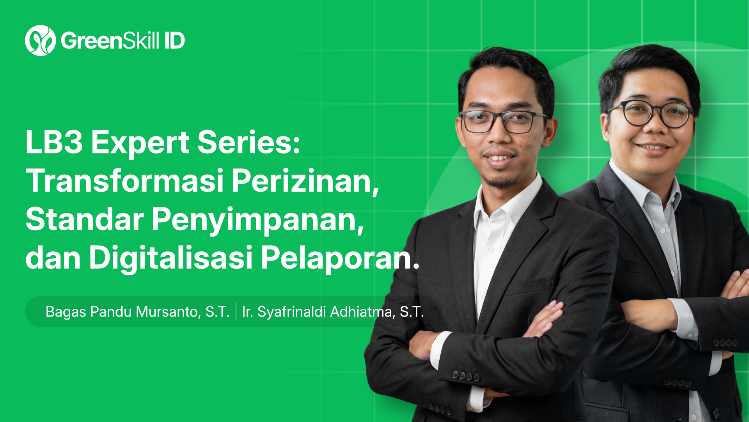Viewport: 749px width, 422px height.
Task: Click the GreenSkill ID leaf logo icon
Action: (40, 41)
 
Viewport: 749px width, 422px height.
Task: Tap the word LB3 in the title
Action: (54, 142)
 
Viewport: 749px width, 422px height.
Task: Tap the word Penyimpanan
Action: (257, 220)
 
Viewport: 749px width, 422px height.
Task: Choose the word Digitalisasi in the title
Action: (170, 258)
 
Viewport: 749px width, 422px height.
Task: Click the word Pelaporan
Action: (339, 258)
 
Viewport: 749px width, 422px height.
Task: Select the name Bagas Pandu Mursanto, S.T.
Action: (137, 312)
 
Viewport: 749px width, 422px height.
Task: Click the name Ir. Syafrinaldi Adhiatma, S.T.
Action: (333, 312)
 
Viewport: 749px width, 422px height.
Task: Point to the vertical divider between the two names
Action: (236, 312)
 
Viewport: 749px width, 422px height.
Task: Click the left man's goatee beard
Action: (501, 180)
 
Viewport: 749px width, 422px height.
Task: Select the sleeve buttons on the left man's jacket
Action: (466, 376)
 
